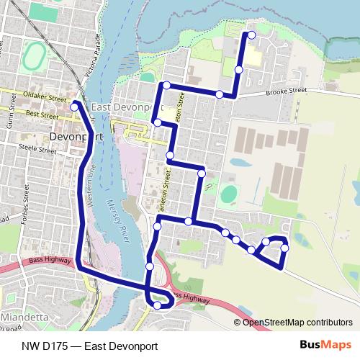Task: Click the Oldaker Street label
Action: coord(43,94)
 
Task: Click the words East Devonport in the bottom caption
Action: coord(120,346)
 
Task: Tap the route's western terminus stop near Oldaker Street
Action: coord(74,107)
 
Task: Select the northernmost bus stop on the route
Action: coord(251,35)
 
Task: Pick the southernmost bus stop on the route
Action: coord(157,305)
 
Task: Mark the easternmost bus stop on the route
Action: coord(284,248)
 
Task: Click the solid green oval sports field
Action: coord(230,194)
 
